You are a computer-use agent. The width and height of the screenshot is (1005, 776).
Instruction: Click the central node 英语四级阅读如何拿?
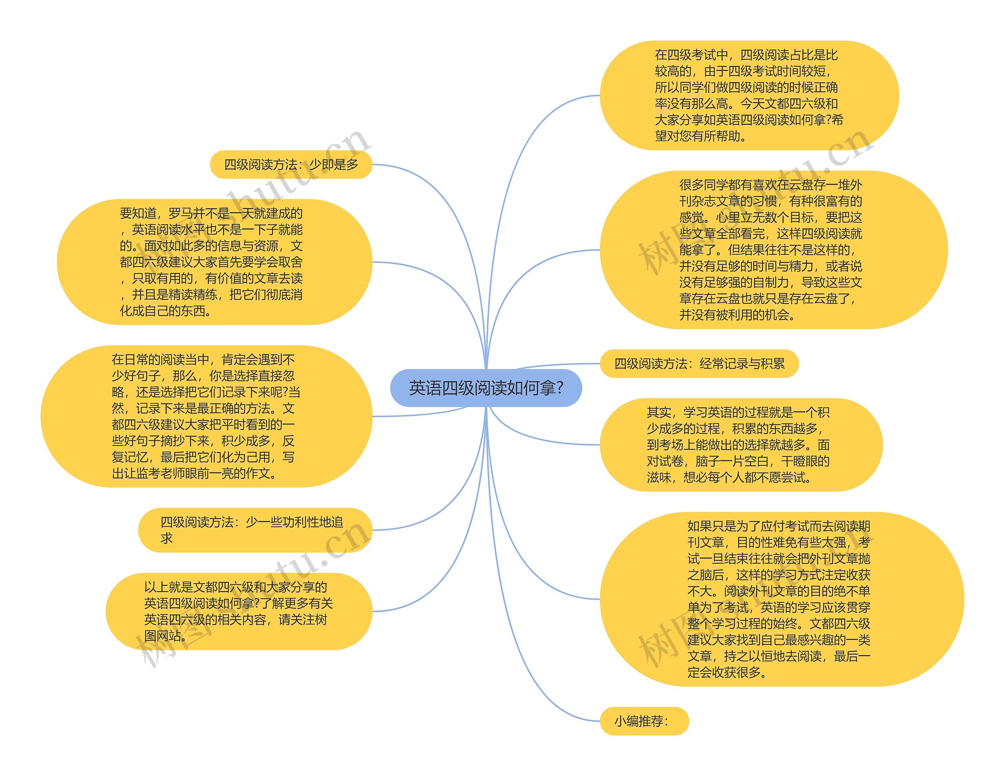coord(486,388)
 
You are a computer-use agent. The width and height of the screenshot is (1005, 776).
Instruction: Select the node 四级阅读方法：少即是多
coord(291,164)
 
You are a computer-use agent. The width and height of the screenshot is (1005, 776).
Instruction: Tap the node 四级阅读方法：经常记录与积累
coord(699,363)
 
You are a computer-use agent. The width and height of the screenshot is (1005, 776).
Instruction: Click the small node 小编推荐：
coord(644,721)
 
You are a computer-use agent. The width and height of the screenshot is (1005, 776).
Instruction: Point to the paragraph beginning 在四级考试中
coord(749,95)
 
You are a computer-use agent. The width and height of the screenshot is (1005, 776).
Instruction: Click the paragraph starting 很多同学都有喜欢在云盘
coord(773,250)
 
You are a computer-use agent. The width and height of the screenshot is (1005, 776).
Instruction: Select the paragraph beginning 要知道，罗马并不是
coord(214,262)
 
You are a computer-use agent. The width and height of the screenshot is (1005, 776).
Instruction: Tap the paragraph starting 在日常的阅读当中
coord(206,416)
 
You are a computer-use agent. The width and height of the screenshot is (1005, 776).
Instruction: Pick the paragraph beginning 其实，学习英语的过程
coord(741,445)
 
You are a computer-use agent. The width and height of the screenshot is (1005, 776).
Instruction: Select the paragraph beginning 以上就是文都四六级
coord(238,611)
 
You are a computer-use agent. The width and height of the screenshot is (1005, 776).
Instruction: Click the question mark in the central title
coord(559,388)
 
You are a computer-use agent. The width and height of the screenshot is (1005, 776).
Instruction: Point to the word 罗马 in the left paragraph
coord(180,214)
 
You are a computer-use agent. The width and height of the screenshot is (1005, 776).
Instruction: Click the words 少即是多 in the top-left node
coord(334,164)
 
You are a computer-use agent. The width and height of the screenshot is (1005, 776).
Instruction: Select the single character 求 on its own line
coord(166,538)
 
